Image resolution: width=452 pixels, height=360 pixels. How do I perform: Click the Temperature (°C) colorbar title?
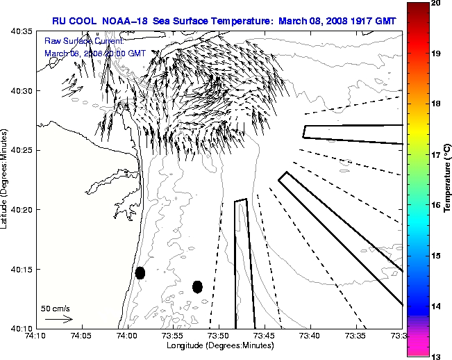[x=448, y=179]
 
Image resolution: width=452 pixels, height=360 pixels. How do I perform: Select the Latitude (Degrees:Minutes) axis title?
[x=6, y=181]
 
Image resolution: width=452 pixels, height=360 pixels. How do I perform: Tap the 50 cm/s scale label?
[x=56, y=308]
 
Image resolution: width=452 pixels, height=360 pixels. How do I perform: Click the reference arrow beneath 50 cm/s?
[x=58, y=319]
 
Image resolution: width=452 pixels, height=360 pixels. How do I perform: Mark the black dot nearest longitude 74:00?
[x=140, y=272]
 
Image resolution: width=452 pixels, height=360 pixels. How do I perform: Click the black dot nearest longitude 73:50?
[x=197, y=286]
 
